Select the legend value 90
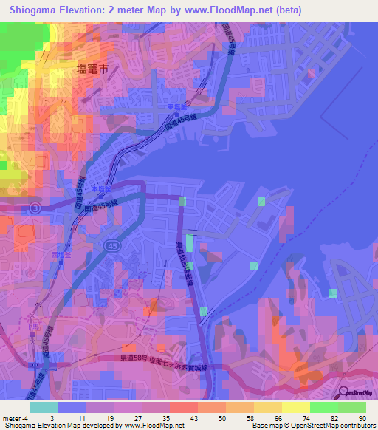362,417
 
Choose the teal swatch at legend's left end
43,406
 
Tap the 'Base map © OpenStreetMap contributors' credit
312,426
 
